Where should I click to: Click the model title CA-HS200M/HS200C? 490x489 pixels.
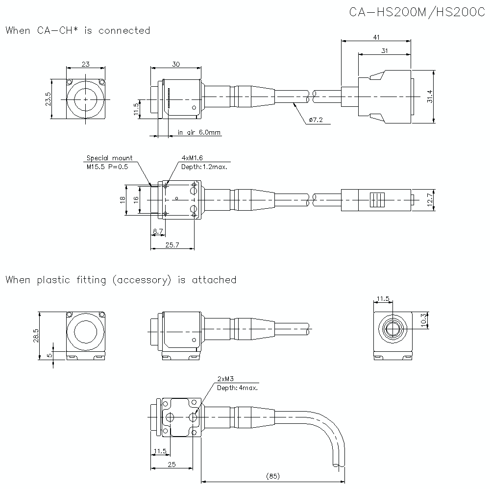[416, 13]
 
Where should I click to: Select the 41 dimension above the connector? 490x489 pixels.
[376, 37]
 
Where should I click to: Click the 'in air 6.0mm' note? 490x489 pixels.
[199, 132]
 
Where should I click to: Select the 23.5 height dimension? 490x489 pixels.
[48, 99]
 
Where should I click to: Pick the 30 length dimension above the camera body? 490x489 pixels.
[175, 64]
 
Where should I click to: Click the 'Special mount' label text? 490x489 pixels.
[109, 158]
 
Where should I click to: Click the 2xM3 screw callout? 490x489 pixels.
[225, 379]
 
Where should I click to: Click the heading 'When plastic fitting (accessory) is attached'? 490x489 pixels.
[121, 280]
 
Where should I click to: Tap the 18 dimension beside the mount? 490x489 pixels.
[122, 199]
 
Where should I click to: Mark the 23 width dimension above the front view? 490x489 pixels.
[85, 64]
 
